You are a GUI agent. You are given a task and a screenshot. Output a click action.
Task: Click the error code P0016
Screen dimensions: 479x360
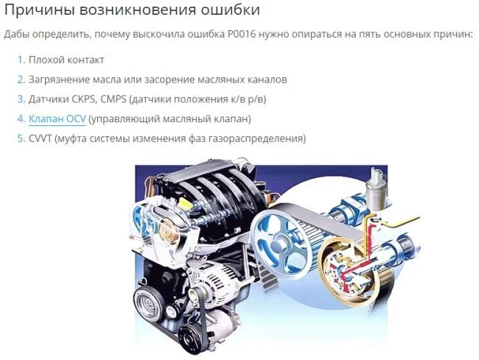[241, 34]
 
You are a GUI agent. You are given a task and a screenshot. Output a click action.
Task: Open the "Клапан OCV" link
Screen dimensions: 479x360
[57, 119]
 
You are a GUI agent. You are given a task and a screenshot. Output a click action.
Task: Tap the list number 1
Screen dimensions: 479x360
[21, 60]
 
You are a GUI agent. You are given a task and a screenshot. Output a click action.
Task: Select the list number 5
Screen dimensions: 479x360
[21, 138]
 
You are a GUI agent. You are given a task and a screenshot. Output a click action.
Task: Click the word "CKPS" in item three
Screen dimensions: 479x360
[84, 99]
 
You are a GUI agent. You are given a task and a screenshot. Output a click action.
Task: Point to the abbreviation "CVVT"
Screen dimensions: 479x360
[41, 138]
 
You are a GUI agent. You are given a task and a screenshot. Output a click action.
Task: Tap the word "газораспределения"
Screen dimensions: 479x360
[257, 138]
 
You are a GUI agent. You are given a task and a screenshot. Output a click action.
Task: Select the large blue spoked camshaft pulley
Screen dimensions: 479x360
[277, 237]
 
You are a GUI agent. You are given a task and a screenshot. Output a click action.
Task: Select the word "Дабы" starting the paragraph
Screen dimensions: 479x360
[16, 34]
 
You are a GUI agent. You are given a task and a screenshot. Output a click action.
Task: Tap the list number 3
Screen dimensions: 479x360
[21, 99]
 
